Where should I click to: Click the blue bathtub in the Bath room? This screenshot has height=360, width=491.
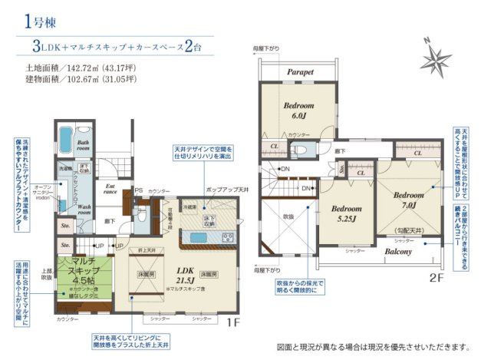pyautogui.click(x=64, y=140)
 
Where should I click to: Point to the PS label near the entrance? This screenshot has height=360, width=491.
pyautogui.click(x=139, y=190)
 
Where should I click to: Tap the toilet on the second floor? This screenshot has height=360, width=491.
pyautogui.click(x=302, y=149)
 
